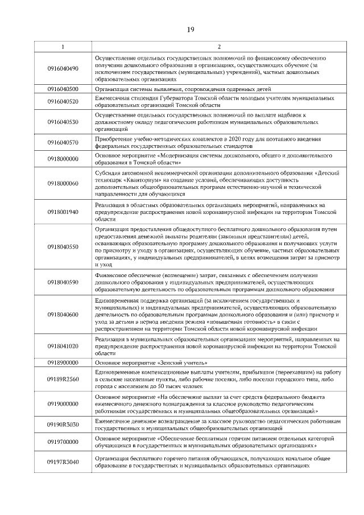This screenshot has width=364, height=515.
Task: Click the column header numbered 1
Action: (x=63, y=47)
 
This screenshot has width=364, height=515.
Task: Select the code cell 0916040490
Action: (x=63, y=69)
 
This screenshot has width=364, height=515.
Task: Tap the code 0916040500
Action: (x=63, y=89)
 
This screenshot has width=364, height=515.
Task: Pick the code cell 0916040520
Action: (x=63, y=101)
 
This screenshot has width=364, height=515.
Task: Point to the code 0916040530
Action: (x=63, y=122)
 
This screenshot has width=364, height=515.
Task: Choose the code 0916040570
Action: (x=63, y=142)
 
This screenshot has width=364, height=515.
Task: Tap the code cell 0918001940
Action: (x=63, y=211)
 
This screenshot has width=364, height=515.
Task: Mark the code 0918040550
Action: (x=63, y=246)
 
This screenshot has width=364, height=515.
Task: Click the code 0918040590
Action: (x=63, y=282)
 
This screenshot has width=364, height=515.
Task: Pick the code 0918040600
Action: (x=63, y=314)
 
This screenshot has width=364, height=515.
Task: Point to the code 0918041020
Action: (x=63, y=346)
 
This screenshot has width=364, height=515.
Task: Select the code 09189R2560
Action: (x=63, y=376)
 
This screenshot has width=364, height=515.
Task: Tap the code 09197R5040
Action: (x=63, y=462)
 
